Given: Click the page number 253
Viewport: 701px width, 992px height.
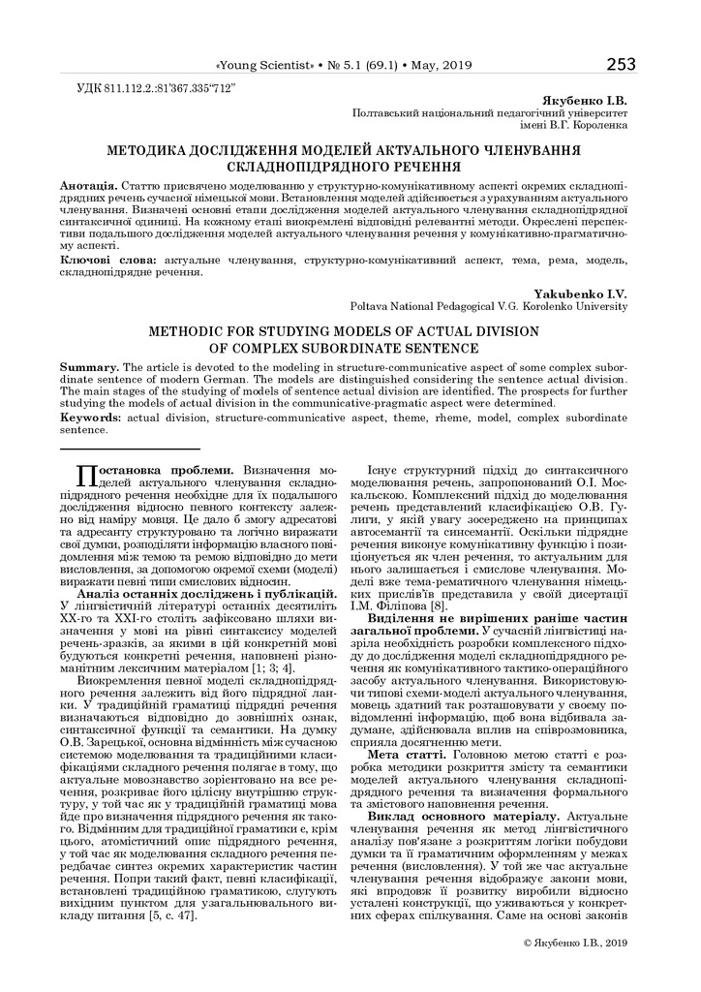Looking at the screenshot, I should tap(621, 64).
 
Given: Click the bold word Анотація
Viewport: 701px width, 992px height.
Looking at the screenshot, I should tap(89, 184).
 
